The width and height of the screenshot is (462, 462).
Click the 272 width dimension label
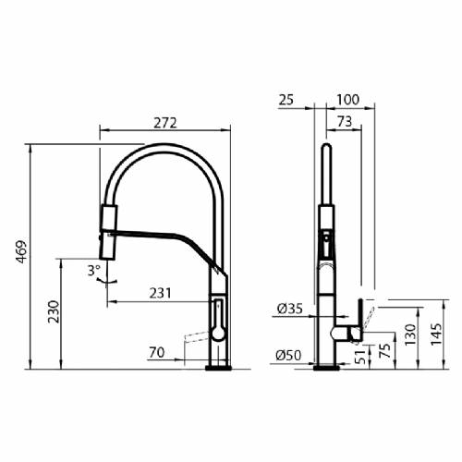click(x=165, y=123)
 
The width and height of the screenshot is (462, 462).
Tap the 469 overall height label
click(x=21, y=251)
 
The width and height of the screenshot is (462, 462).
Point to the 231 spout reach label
click(x=160, y=293)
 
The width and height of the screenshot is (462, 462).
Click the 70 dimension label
click(x=157, y=352)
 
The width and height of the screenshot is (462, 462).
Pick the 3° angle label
click(x=94, y=271)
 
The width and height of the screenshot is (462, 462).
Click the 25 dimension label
click(x=286, y=100)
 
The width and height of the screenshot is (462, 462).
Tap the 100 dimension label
click(x=348, y=100)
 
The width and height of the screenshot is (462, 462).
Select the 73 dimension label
click(x=345, y=121)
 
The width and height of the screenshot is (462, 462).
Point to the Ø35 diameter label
click(x=290, y=309)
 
